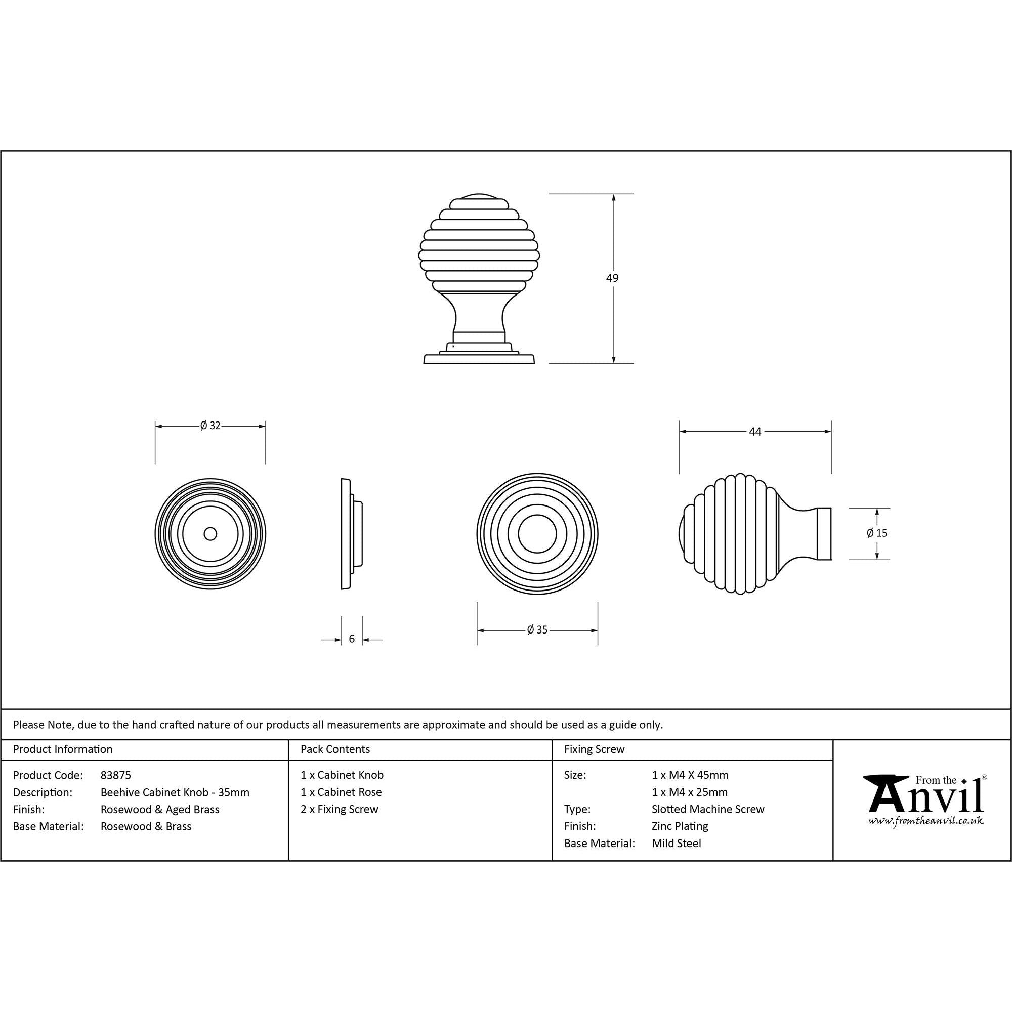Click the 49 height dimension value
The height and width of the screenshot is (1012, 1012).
pyautogui.click(x=612, y=278)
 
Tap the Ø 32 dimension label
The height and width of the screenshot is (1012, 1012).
pyautogui.click(x=210, y=426)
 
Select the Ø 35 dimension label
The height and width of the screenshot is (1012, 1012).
pyautogui.click(x=537, y=629)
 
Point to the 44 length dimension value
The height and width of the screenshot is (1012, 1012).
pyautogui.click(x=755, y=432)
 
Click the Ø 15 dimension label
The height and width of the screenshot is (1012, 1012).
pyautogui.click(x=876, y=533)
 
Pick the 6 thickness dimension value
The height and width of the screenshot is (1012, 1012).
pyautogui.click(x=352, y=639)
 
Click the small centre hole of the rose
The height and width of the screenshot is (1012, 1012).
pyautogui.click(x=210, y=534)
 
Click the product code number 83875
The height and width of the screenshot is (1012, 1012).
pyautogui.click(x=115, y=775)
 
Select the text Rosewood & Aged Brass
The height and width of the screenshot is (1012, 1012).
pyautogui.click(x=160, y=809)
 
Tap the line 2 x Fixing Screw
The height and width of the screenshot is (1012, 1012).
pyautogui.click(x=339, y=809)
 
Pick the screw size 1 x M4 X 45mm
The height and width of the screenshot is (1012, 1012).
pyautogui.click(x=689, y=775)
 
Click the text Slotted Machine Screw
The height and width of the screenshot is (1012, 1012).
pyautogui.click(x=708, y=809)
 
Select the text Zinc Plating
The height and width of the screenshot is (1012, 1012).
pyautogui.click(x=680, y=826)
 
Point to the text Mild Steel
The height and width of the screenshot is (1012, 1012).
pyautogui.click(x=676, y=844)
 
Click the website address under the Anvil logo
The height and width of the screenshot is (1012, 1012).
pyautogui.click(x=925, y=821)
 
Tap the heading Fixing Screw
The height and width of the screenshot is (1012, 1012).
pyautogui.click(x=594, y=749)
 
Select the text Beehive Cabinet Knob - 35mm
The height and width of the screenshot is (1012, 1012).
pyautogui.click(x=175, y=792)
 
